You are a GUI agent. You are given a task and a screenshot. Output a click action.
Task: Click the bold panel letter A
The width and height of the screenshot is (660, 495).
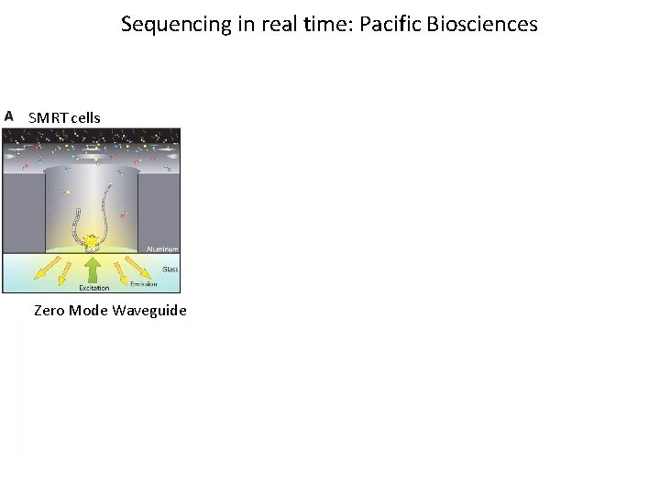9,116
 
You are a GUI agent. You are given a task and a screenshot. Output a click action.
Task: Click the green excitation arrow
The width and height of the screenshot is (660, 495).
93,270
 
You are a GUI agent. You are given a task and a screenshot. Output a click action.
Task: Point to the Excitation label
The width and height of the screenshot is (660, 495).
93,288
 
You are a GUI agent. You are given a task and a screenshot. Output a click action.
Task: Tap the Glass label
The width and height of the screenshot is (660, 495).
170,269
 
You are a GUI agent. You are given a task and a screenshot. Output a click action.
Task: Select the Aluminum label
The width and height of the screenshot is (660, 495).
162,248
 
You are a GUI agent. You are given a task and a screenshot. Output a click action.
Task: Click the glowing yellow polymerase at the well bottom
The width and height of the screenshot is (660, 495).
92,244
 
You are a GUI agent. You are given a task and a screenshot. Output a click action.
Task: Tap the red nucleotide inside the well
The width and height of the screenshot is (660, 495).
123,215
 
